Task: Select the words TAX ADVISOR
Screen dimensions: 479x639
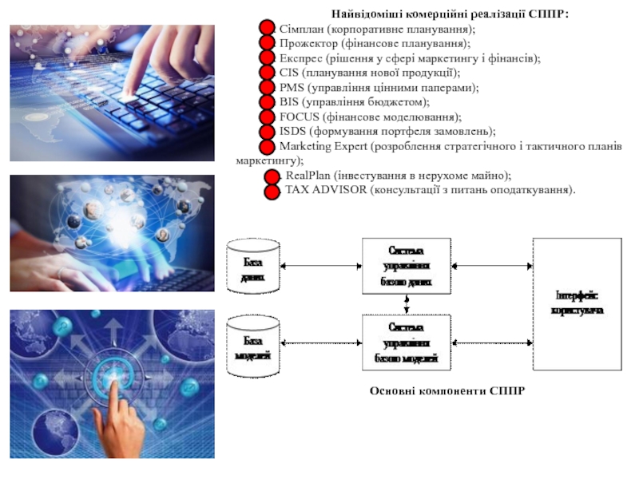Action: (320, 190)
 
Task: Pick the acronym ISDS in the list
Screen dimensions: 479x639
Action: (291, 131)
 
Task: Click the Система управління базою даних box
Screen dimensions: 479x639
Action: (407, 266)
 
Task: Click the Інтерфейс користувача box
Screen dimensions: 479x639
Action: (577, 303)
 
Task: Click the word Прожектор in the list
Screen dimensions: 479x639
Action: (308, 44)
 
